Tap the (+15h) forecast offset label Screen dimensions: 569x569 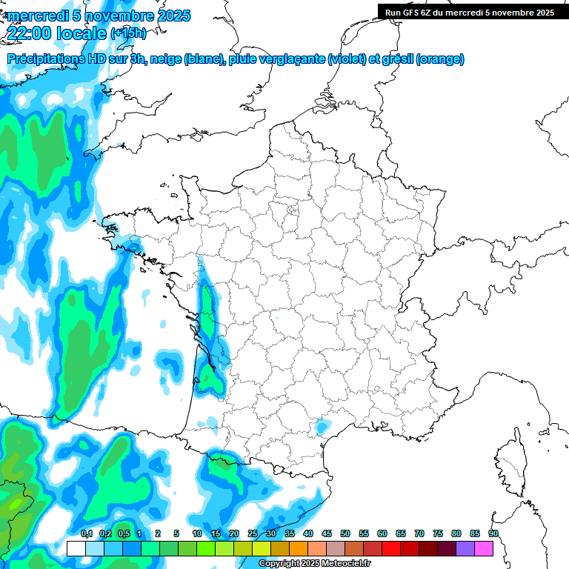(128, 33)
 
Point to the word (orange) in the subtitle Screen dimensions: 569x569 (440, 59)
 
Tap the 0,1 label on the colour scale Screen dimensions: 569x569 (86, 533)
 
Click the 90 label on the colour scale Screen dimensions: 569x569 (493, 533)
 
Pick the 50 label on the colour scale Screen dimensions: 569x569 (345, 533)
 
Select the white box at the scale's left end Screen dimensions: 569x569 (76, 548)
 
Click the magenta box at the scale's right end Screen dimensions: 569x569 (484, 548)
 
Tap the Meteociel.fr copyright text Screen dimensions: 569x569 (314, 564)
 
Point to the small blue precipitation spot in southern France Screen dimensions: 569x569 (322, 427)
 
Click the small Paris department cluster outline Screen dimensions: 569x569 (292, 213)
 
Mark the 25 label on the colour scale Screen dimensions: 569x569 (253, 533)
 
